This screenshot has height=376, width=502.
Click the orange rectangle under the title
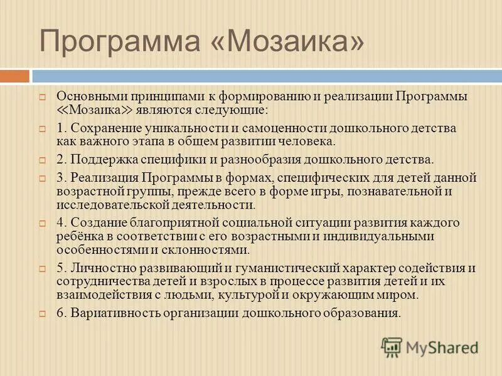tap(14, 76)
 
